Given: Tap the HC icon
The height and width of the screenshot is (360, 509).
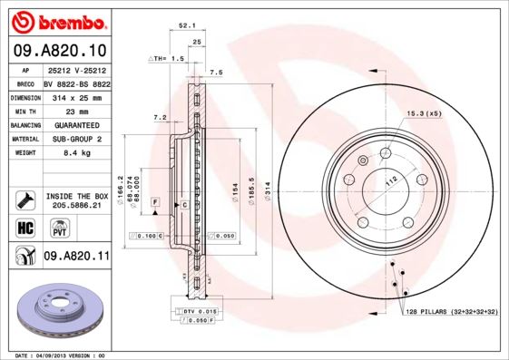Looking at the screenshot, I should tap(25, 227).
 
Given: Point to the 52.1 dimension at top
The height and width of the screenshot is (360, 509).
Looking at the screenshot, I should tap(184, 26).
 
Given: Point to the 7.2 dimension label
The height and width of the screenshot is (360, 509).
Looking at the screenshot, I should tap(160, 118).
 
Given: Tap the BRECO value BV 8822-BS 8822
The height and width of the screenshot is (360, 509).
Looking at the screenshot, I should tap(77, 82).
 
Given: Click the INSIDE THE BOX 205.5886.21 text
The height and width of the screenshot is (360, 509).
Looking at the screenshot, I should tap(76, 200).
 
